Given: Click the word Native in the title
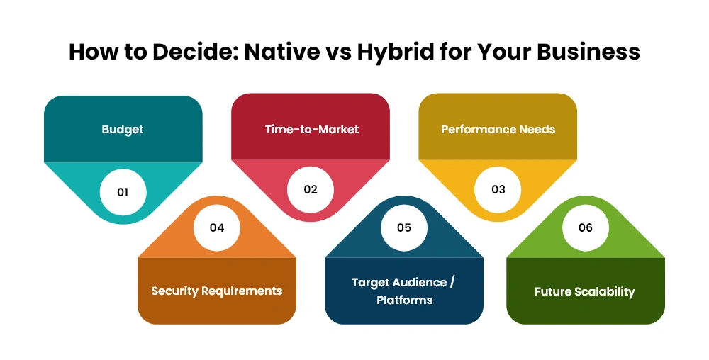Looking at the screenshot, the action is (281, 52).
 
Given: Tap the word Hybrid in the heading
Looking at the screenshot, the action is (395, 52).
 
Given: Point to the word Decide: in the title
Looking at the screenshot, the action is (195, 52).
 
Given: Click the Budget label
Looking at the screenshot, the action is (123, 130).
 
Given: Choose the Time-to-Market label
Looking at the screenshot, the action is (312, 129).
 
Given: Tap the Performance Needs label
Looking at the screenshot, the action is (498, 129).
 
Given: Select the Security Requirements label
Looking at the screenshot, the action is (216, 291).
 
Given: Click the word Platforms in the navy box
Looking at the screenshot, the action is (405, 300).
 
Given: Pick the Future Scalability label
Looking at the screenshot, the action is (585, 292).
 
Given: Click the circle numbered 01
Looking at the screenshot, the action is (123, 192).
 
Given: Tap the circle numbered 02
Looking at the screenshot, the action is (311, 189).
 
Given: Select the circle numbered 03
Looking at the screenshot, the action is (498, 189).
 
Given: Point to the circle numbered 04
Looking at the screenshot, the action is (216, 227).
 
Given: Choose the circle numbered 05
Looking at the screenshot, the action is (404, 227).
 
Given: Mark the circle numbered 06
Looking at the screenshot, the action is (586, 227).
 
